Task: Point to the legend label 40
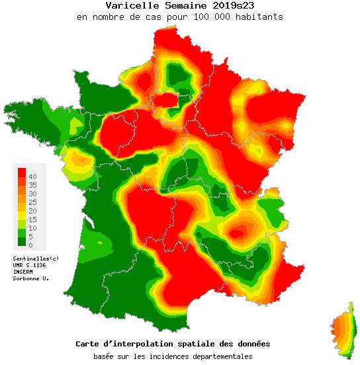pyautogui.click(x=32, y=176)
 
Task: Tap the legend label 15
pyautogui.click(x=32, y=219)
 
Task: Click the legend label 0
pyautogui.click(x=30, y=245)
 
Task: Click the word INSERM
pyautogui.click(x=23, y=271)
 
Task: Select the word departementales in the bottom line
pyautogui.click(x=222, y=356)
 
